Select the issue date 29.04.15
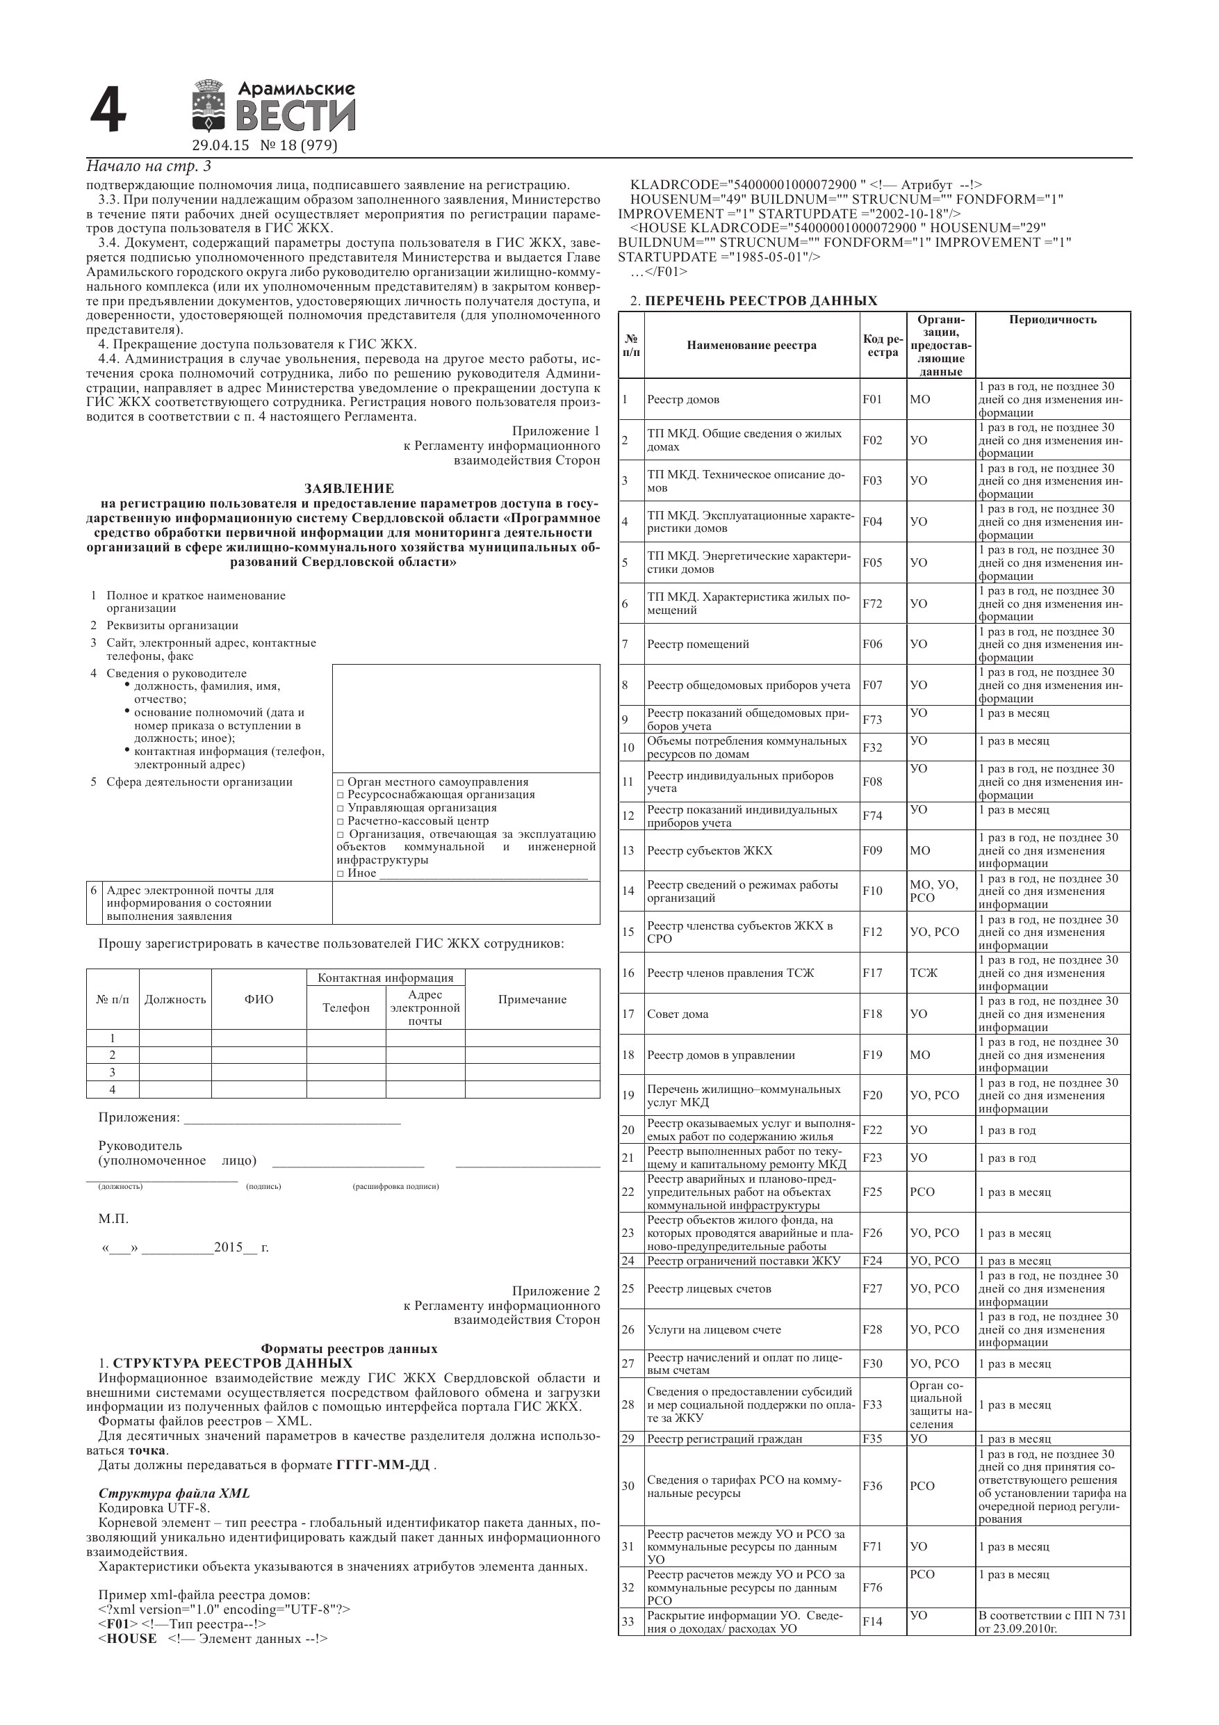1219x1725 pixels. pyautogui.click(x=220, y=146)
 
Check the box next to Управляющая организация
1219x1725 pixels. pyautogui.click(x=341, y=809)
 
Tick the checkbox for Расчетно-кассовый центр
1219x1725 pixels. pyautogui.click(x=341, y=821)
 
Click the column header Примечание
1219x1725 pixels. pyautogui.click(x=532, y=999)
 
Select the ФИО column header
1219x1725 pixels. pyautogui.click(x=259, y=999)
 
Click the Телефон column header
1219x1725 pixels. pyautogui.click(x=345, y=1007)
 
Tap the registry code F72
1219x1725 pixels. pyautogui.click(x=873, y=604)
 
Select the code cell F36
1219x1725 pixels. pyautogui.click(x=873, y=1485)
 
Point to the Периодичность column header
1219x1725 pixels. pyautogui.click(x=1052, y=320)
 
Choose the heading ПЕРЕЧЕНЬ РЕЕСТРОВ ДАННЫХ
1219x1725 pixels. pyautogui.click(x=760, y=301)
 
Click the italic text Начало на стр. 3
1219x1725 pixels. pyautogui.click(x=149, y=166)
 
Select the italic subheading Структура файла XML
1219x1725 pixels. pyautogui.click(x=174, y=1493)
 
